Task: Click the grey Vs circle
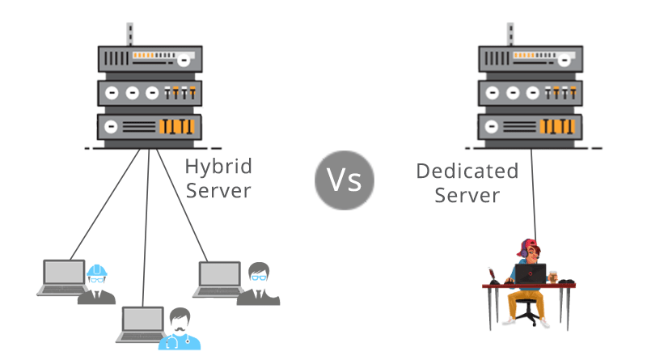point(344,180)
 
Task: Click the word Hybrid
point(218,167)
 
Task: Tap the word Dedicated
point(467,172)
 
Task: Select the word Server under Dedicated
point(467,195)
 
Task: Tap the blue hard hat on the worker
point(97,269)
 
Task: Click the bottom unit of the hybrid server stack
point(149,127)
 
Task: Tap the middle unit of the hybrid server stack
point(149,92)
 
